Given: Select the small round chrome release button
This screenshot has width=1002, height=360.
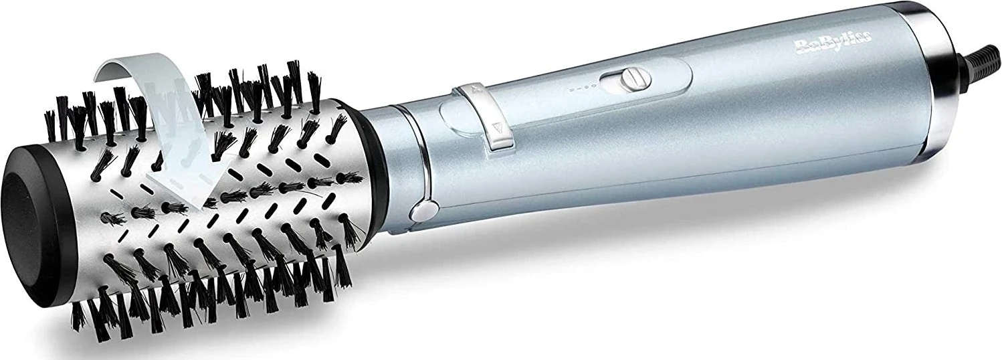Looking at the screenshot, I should pos(420,213).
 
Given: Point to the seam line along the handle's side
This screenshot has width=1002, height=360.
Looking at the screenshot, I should pos(669,173).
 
